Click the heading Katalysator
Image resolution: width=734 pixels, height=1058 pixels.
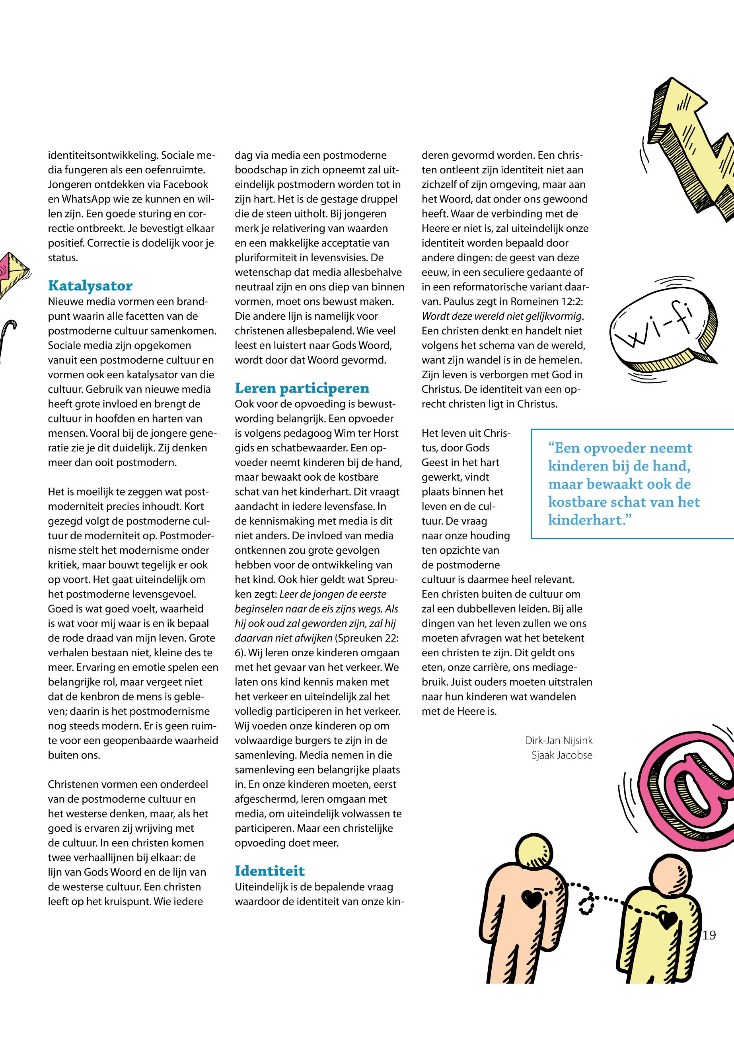coord(90,286)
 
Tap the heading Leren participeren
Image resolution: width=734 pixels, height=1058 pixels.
coord(302,389)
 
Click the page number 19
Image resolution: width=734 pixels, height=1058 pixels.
coord(709,935)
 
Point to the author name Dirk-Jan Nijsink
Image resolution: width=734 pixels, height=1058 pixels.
coord(558,741)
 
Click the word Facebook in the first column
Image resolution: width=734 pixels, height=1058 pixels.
coord(187,185)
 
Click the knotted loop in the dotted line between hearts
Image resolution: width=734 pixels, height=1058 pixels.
coord(587,904)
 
